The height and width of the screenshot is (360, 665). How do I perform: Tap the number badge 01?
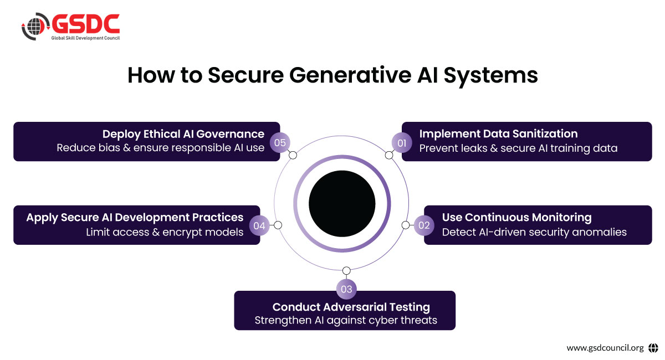pyautogui.click(x=402, y=143)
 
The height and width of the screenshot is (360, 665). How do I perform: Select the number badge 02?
pyautogui.click(x=424, y=225)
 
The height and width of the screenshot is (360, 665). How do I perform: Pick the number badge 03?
pyautogui.click(x=346, y=289)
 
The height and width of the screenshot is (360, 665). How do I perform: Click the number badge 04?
pyautogui.click(x=259, y=225)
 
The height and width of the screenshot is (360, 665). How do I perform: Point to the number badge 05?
pyautogui.click(x=280, y=143)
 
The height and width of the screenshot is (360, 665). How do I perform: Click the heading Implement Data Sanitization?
pyautogui.click(x=498, y=133)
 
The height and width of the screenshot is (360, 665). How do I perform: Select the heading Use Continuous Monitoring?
pyautogui.click(x=516, y=217)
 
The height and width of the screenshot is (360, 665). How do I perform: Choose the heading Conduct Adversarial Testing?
pyautogui.click(x=351, y=307)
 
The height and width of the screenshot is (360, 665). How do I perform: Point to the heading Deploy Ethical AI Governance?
pyautogui.click(x=183, y=133)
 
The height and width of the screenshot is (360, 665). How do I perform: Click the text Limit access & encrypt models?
pyautogui.click(x=165, y=232)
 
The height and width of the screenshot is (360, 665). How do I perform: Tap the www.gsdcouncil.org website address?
pyautogui.click(x=605, y=348)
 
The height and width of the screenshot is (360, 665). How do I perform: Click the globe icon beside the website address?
pyautogui.click(x=653, y=348)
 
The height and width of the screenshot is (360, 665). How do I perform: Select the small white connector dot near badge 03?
pyautogui.click(x=346, y=271)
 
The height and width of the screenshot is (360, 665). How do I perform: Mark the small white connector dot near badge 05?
pyautogui.click(x=293, y=155)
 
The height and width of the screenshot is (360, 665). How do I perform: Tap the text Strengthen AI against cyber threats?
pyautogui.click(x=346, y=320)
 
